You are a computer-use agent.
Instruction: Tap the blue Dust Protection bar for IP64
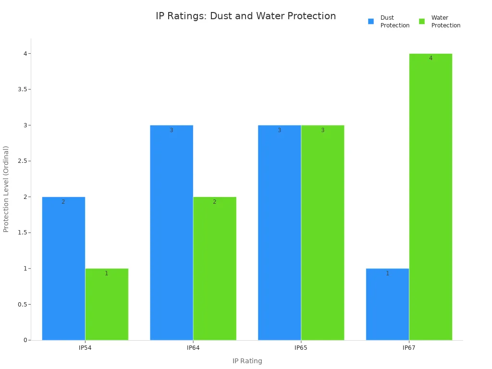pos(172,233)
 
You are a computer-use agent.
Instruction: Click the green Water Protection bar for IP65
pos(322,233)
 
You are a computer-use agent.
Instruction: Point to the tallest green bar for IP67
pos(430,197)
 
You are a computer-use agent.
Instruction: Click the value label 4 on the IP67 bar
pos(430,58)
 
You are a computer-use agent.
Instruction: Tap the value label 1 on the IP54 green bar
pos(107,273)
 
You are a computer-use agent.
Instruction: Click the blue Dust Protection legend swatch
pos(371,22)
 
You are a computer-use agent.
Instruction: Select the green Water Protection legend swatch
pos(422,22)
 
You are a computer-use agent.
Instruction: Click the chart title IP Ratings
pos(246,16)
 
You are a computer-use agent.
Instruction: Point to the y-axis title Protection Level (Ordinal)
pos(6,189)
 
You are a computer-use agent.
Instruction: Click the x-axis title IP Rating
pos(247,361)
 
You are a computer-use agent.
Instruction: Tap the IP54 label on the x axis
pos(85,347)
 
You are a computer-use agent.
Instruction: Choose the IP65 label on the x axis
pos(301,347)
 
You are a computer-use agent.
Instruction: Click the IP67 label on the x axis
pos(409,347)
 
